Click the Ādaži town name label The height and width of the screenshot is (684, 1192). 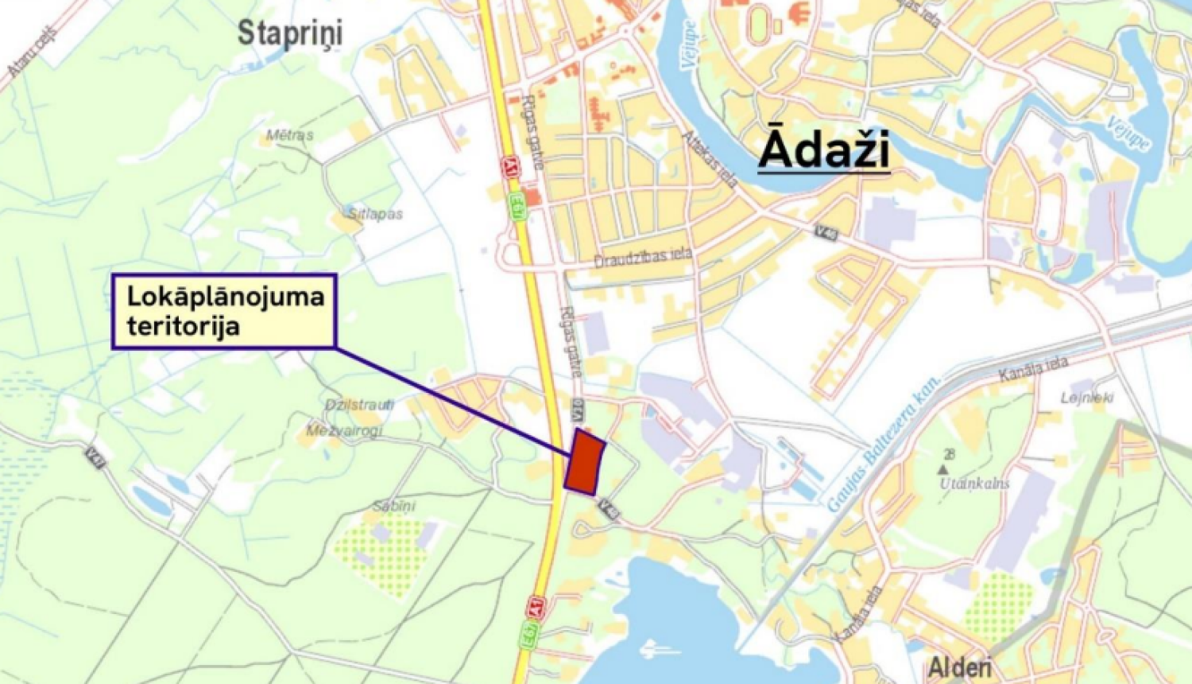pos(824,151)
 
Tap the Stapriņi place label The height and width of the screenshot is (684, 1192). pos(290,33)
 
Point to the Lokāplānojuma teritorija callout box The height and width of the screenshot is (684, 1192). pos(225,311)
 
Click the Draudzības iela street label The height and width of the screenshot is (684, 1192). pos(643,258)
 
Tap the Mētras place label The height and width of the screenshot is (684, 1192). pos(289,135)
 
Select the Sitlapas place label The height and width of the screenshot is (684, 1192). pos(375,214)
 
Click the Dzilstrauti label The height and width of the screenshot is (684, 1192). pos(359,405)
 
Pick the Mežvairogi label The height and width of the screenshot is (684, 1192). pos(344,430)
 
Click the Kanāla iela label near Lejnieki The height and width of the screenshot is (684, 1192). pos(1032,371)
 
